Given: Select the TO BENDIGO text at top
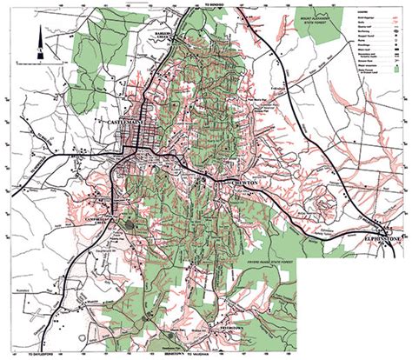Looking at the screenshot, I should (205, 4).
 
